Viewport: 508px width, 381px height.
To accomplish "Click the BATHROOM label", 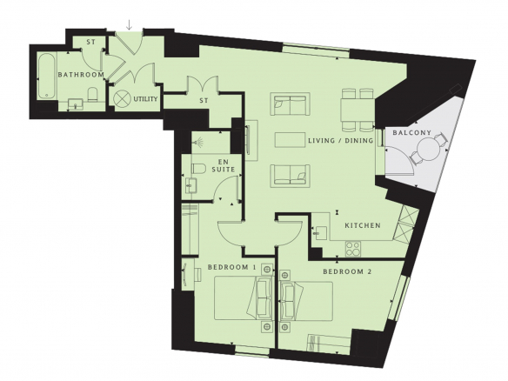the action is point(81,75).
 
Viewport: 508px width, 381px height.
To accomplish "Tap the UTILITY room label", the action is point(145,99).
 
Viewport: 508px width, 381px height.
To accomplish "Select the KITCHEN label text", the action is point(363,225).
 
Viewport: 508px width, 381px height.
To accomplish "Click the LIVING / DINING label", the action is point(340,141).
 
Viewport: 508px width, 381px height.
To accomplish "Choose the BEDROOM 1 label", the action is point(232,267).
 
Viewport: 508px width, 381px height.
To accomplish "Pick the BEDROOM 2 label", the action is point(347,271).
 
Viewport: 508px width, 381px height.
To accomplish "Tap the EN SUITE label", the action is point(224,165).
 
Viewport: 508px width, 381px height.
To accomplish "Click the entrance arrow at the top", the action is point(130,24).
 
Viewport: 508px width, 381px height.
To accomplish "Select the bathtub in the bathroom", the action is point(47,77).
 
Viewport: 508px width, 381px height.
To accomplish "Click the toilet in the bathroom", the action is point(92,95).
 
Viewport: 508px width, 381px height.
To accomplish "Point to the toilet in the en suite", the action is point(199,169).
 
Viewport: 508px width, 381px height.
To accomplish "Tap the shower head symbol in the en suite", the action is point(198,141).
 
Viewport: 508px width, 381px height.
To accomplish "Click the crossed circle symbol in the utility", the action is point(121,98).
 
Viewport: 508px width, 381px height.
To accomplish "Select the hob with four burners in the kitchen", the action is point(353,249).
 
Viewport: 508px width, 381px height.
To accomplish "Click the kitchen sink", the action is point(319,232).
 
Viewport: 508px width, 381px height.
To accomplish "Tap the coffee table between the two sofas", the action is point(290,140).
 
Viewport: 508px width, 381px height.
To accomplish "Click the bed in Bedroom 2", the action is point(307,301).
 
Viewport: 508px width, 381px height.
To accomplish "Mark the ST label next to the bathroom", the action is point(91,42).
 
